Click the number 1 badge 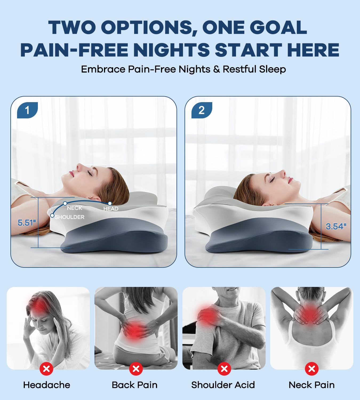coord(27,110)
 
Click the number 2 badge coord(202,110)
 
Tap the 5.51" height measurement coord(26,223)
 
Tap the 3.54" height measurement coord(336,226)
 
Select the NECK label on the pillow coord(74,208)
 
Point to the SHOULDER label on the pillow coord(70,217)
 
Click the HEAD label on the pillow coord(111,209)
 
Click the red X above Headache coord(46,369)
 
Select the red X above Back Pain coord(136,369)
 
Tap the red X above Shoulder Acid coord(224,369)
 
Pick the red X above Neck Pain coord(311,369)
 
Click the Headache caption coord(47,385)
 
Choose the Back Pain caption coord(135,385)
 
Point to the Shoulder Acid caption coord(223,385)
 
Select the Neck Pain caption coord(311,385)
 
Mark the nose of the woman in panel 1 coord(78,167)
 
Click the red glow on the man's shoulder coord(207,315)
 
